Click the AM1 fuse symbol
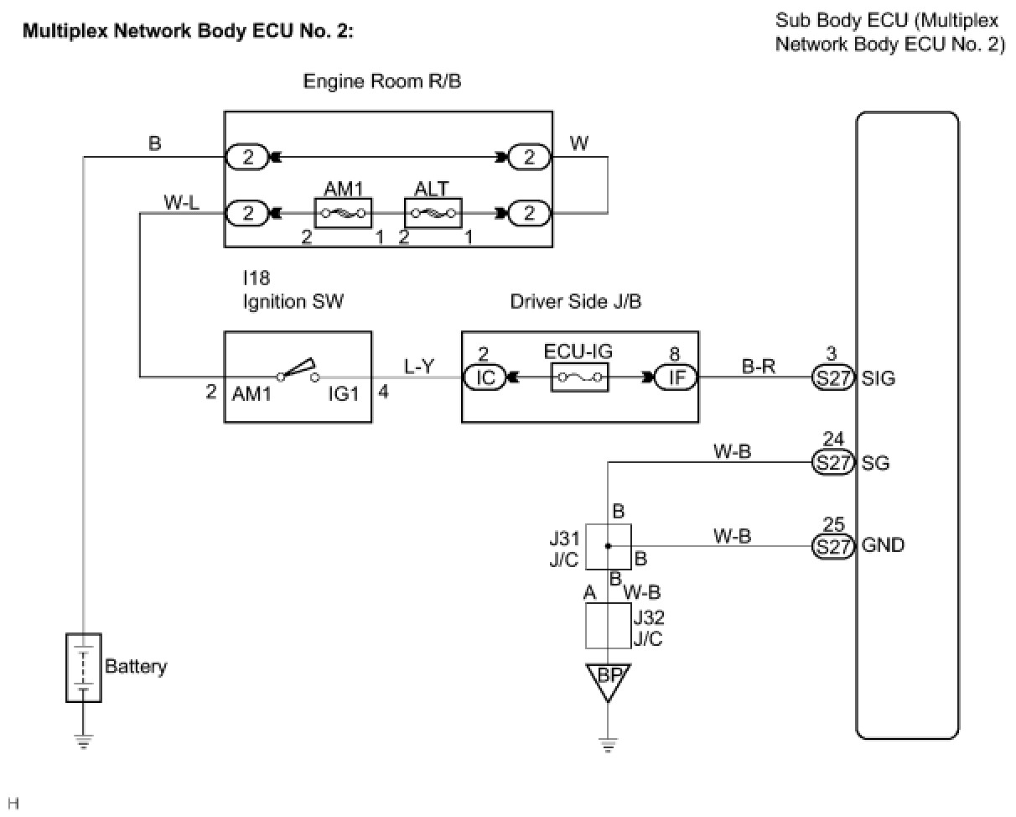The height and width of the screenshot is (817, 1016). [x=343, y=212]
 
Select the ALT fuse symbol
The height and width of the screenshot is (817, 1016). [x=433, y=212]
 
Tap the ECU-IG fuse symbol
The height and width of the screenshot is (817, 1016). [x=579, y=377]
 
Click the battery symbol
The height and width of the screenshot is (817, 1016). [x=84, y=667]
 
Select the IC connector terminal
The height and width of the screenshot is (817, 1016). [x=485, y=377]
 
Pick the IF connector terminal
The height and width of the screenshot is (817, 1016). [x=676, y=377]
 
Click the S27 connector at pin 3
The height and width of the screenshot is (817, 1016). [x=832, y=377]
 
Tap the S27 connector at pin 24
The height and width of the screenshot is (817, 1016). [x=832, y=462]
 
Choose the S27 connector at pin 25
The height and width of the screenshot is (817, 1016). [x=832, y=546]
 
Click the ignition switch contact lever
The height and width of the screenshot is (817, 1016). [x=297, y=368]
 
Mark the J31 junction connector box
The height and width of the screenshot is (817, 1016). [x=608, y=546]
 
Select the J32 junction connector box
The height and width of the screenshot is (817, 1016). [x=608, y=626]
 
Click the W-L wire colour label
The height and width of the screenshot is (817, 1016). [x=181, y=203]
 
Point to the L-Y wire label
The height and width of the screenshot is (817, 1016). [x=419, y=367]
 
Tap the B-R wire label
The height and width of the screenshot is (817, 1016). [x=759, y=367]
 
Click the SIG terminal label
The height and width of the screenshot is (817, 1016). [x=879, y=378]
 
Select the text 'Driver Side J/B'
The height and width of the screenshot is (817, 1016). [x=576, y=301]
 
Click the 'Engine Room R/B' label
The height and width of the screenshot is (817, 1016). [x=382, y=81]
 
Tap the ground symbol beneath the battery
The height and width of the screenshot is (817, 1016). [x=84, y=742]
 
